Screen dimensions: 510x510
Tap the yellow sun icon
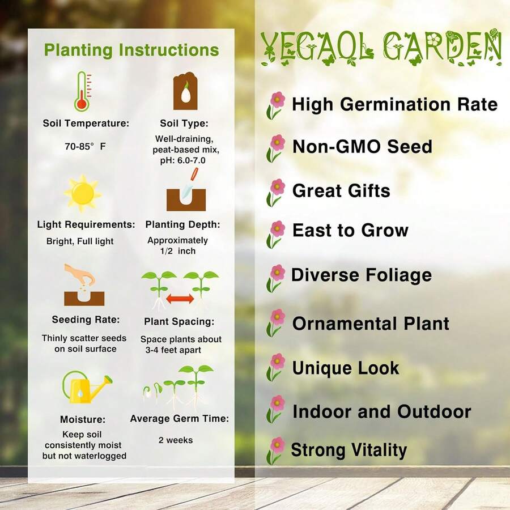(83, 193)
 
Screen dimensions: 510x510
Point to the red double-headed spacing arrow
(180, 299)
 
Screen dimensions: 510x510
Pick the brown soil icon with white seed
(185, 91)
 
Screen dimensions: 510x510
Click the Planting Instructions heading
(131, 50)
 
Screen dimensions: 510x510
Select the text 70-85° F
(85, 146)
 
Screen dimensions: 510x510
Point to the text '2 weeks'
(176, 440)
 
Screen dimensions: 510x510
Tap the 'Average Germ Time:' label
(180, 419)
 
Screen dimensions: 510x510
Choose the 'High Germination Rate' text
(394, 104)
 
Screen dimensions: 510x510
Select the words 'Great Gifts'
(341, 190)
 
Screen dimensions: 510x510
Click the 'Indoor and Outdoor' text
(381, 411)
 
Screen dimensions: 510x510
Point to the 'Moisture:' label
(83, 420)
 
